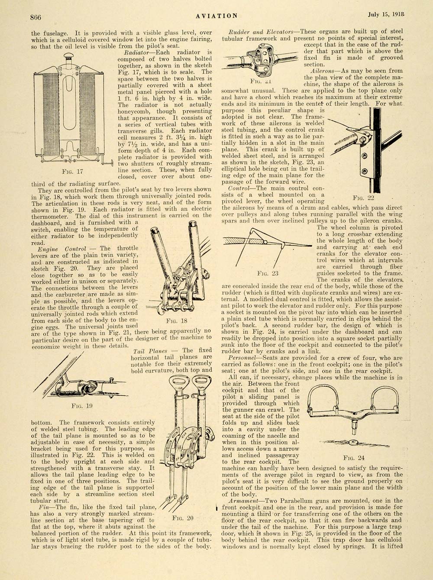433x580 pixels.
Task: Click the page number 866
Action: coord(36,17)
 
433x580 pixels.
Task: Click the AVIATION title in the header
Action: coord(216,16)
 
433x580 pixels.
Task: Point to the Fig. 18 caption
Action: coord(177,321)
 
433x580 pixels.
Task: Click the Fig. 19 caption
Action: coord(82,406)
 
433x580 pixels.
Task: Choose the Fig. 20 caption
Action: coord(182,518)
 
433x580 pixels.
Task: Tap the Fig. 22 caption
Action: coord(364,198)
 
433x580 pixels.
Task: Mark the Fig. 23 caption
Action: coord(268,273)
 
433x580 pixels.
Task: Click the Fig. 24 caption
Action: coord(354,457)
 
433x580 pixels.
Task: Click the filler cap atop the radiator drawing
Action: coord(68,56)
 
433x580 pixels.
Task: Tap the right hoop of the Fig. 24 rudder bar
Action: coord(384,396)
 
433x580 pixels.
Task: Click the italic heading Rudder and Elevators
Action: coord(260,32)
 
